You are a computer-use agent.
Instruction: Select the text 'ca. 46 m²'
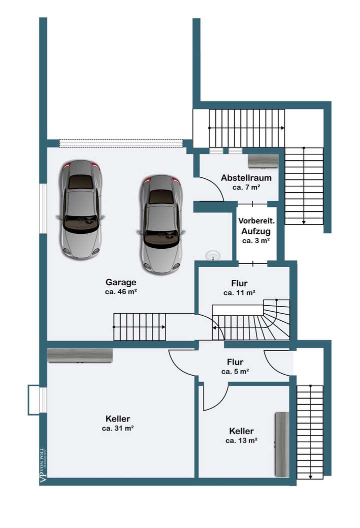(x=120, y=292)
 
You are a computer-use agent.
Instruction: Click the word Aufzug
(x=256, y=231)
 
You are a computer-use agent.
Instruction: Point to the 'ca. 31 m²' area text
(x=117, y=428)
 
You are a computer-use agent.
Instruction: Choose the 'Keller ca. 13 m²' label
(x=241, y=436)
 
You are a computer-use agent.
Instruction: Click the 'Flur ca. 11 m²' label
(x=239, y=288)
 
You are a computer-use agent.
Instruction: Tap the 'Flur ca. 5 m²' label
(x=235, y=367)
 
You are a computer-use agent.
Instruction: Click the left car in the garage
(x=80, y=209)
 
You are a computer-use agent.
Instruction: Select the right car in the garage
(x=161, y=224)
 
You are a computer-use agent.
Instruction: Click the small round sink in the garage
(x=213, y=255)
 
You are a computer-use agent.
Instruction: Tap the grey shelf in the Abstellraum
(x=263, y=162)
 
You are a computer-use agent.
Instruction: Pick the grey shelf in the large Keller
(x=79, y=356)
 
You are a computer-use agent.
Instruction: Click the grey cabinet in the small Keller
(x=282, y=444)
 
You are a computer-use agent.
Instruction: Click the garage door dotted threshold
(x=120, y=144)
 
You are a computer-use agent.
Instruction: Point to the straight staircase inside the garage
(x=139, y=327)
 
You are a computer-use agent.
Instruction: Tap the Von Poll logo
(x=43, y=465)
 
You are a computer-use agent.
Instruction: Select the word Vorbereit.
(x=256, y=221)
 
